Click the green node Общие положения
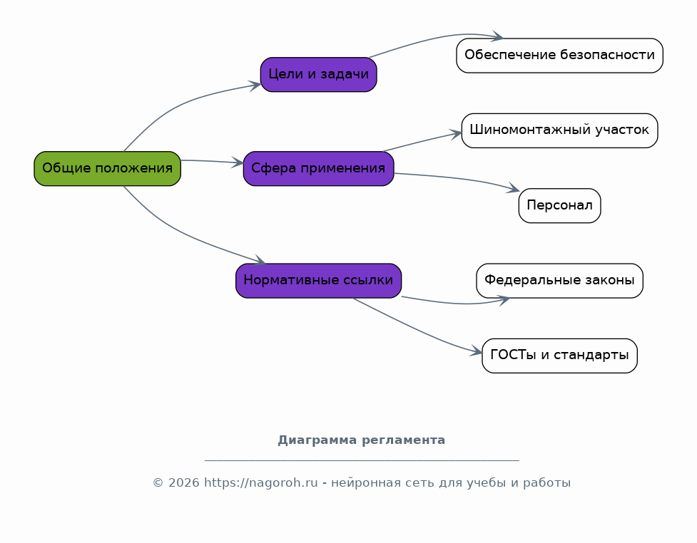(108, 169)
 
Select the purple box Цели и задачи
(319, 75)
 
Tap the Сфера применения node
(319, 169)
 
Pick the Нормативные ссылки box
(319, 281)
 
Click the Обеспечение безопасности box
(559, 56)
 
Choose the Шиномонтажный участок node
(559, 130)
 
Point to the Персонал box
(559, 205)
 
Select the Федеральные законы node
(559, 281)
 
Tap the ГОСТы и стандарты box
(559, 356)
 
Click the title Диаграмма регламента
(362, 440)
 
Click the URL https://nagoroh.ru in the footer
(261, 482)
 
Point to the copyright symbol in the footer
(158, 482)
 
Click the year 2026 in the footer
(183, 482)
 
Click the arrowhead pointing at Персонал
(514, 189)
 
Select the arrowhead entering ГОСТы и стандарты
(477, 352)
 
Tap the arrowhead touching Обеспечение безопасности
(498, 36)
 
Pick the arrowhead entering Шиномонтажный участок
(457, 134)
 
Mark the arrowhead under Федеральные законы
(504, 301)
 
